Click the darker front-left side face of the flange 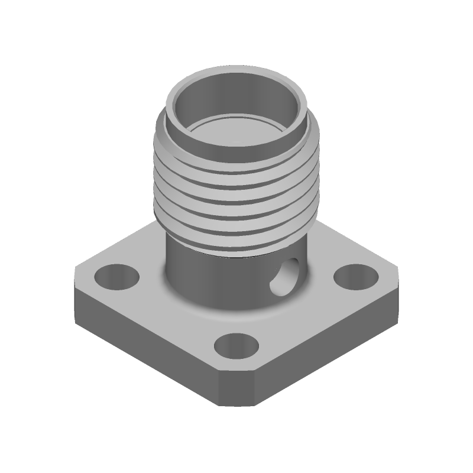pyautogui.click(x=148, y=349)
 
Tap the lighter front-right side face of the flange pyautogui.click(x=325, y=349)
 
